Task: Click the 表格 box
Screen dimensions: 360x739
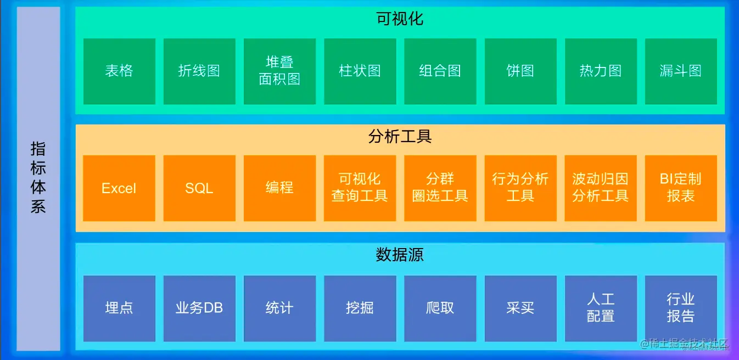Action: pos(119,71)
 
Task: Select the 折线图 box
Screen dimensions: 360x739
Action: pos(199,71)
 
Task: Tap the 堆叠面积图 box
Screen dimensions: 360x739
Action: pos(279,71)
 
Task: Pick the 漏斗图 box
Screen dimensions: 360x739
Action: pos(681,71)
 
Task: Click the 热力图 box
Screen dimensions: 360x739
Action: pos(601,71)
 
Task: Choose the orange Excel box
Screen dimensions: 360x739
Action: pos(119,188)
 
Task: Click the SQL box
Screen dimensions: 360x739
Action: pos(199,188)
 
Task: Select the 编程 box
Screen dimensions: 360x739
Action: pos(279,188)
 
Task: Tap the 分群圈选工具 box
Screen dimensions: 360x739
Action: pos(440,188)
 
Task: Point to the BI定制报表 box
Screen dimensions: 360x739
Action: pos(681,188)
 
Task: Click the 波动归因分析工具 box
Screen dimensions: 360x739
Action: pos(601,188)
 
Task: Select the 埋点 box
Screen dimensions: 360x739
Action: pos(119,308)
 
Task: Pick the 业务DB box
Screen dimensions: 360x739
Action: pos(199,308)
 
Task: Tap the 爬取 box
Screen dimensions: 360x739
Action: pos(440,308)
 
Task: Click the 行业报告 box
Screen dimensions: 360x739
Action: pos(681,308)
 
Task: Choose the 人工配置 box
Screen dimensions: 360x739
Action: pos(601,308)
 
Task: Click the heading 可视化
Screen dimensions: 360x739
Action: pos(400,19)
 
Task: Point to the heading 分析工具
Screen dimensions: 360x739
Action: pos(400,137)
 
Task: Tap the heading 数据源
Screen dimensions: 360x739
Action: pos(400,255)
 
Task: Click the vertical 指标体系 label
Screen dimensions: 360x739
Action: pos(38,178)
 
